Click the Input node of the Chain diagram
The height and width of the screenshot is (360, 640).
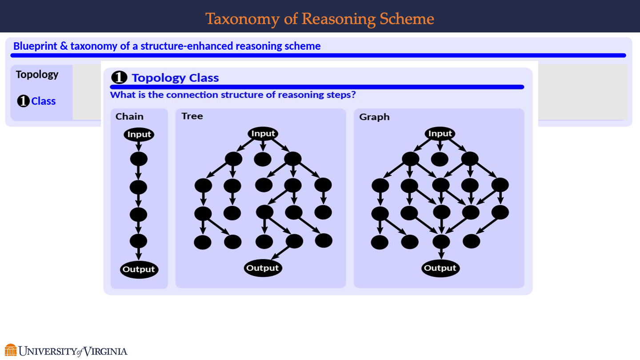(139, 134)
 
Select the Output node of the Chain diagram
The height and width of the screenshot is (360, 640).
(139, 269)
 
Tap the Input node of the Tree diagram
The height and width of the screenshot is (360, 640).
(263, 133)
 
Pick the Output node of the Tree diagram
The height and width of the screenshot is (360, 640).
(262, 268)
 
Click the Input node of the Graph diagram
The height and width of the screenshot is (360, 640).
(440, 133)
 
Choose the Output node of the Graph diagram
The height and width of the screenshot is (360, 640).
(440, 268)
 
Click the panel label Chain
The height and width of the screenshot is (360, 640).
(129, 117)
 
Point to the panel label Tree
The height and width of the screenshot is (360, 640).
(192, 116)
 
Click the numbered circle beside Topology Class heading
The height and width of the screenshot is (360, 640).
(119, 78)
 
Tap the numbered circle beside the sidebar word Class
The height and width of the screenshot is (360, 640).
(23, 101)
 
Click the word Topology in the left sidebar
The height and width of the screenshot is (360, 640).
(37, 75)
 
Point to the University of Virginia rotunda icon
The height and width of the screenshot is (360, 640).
(11, 350)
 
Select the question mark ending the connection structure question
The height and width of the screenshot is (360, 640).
(353, 95)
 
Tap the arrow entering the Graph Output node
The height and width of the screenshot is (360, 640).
(441, 254)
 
